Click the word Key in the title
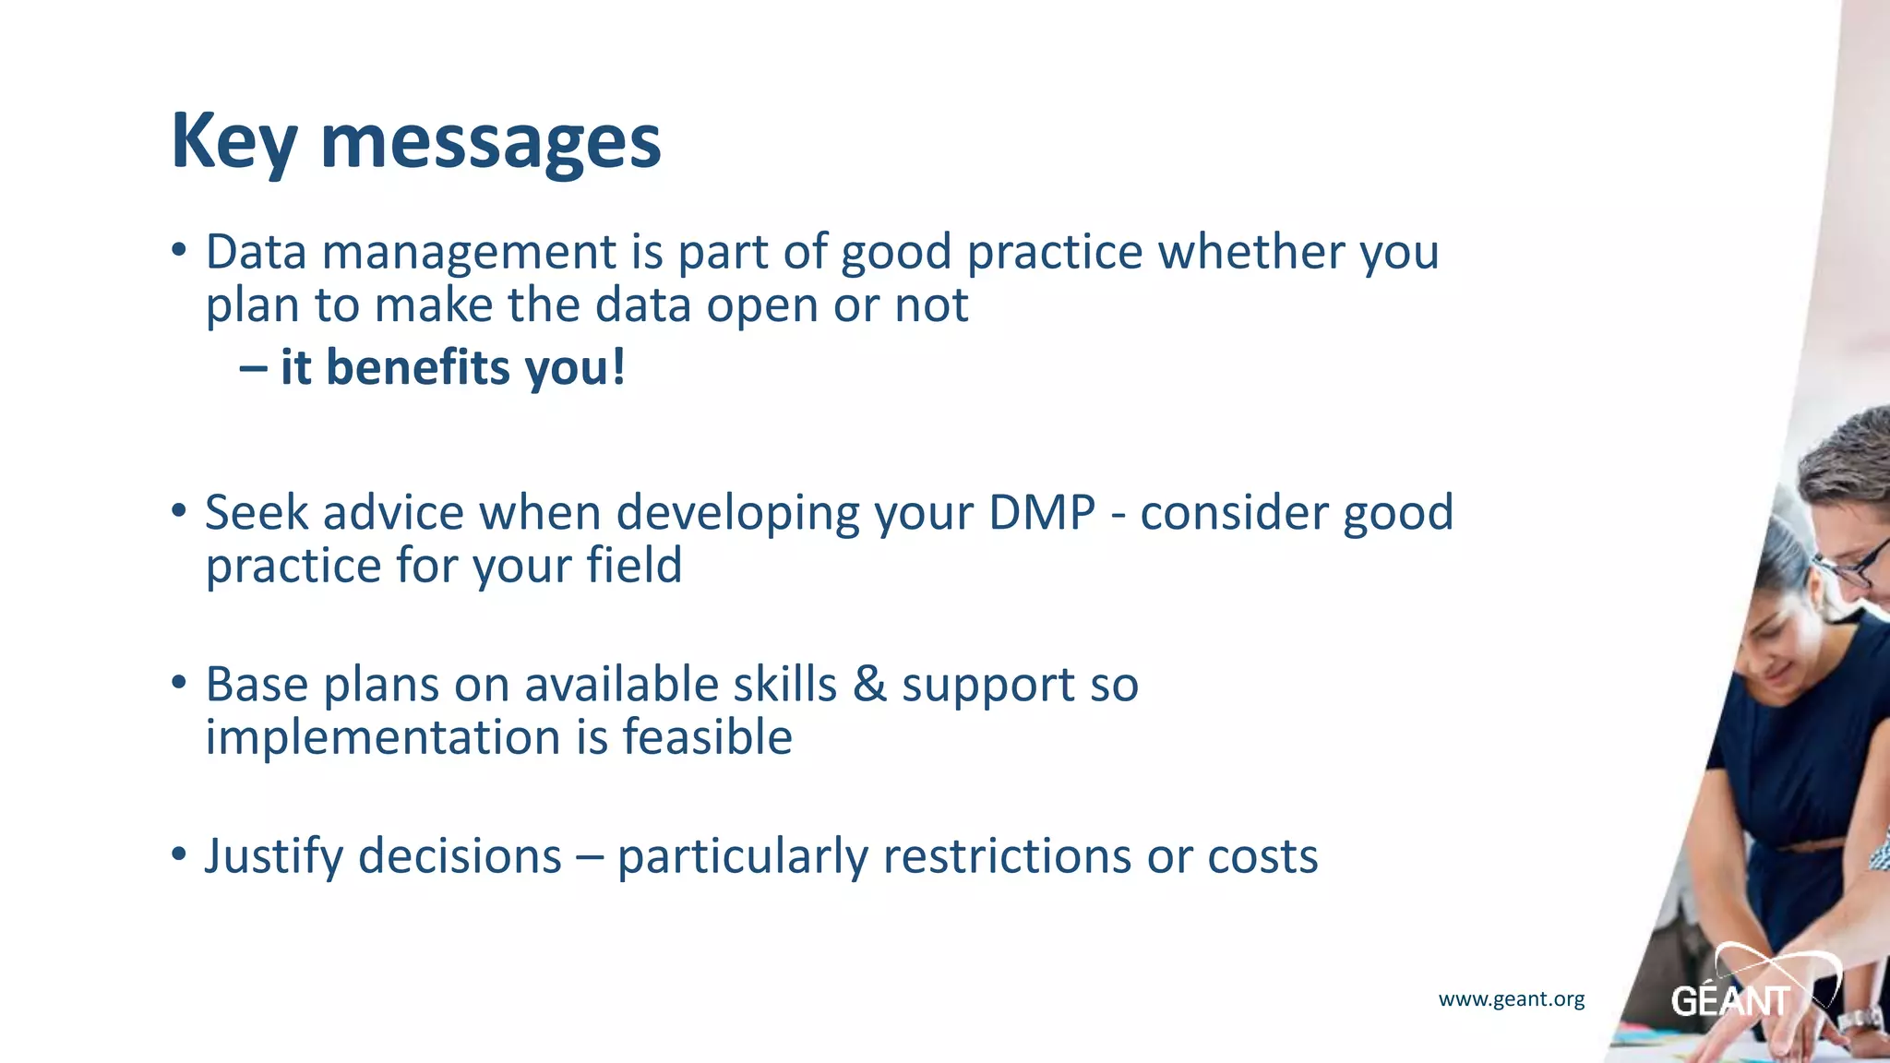point(233,141)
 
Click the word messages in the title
point(490,143)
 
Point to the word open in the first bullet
point(762,306)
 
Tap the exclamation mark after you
point(618,367)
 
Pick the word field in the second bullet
point(636,566)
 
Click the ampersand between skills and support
point(868,685)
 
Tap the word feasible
point(707,737)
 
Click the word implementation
point(382,737)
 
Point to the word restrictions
point(1007,856)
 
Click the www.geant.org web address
point(1511,998)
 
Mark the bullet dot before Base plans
point(179,684)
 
